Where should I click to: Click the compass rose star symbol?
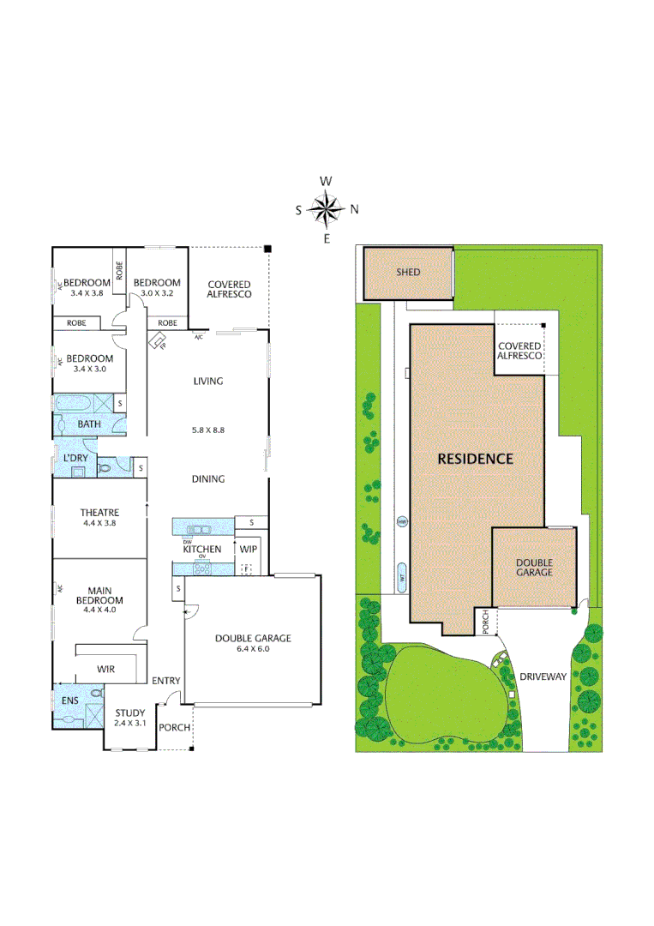coord(327,209)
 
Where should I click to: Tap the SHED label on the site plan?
coord(408,272)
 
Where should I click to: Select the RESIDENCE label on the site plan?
coord(476,459)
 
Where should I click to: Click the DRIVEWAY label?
coord(543,676)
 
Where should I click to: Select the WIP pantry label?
coord(249,549)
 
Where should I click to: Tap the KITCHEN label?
coord(202,549)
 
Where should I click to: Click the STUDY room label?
coord(129,713)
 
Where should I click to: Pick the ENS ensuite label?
coord(69,701)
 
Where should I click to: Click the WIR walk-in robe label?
coord(106,669)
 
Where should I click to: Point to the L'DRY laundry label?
coord(76,459)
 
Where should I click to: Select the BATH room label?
coord(89,424)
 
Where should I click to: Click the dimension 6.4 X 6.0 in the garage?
coord(253,649)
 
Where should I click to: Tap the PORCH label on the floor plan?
coord(174,727)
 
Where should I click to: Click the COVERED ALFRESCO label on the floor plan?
coord(229,289)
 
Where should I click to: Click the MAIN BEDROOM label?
coord(99,595)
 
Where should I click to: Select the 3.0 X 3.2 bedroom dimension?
coord(157,293)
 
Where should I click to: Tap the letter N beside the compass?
coord(354,209)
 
